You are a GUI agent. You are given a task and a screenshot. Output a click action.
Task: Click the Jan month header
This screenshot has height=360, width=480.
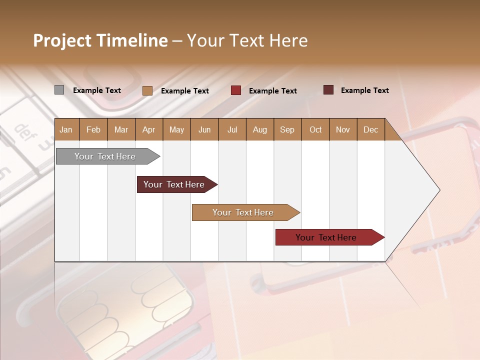click(66, 129)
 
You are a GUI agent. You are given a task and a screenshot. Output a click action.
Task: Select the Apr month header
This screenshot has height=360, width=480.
click(148, 129)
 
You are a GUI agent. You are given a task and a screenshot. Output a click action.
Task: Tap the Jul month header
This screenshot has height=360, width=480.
click(232, 129)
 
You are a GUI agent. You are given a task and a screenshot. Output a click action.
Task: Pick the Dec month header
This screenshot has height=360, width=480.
click(370, 129)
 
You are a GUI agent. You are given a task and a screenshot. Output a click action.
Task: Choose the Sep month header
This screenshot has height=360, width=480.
click(287, 129)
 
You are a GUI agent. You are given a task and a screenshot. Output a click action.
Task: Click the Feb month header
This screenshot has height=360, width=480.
click(93, 129)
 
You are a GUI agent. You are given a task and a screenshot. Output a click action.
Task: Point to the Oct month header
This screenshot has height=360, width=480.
click(315, 129)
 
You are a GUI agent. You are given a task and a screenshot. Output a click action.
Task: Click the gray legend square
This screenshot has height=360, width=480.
click(59, 90)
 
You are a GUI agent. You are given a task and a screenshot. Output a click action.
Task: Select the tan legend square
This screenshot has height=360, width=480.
click(147, 90)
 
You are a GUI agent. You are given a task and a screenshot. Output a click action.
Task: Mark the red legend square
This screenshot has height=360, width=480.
click(236, 90)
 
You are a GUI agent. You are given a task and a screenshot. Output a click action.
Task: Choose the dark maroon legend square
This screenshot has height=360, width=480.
click(328, 90)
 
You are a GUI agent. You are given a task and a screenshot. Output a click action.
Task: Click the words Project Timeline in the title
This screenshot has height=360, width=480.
click(100, 40)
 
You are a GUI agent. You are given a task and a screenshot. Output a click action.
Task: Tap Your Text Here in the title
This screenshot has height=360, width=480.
click(247, 40)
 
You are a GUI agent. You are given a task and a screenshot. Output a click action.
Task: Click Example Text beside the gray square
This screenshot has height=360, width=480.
click(97, 90)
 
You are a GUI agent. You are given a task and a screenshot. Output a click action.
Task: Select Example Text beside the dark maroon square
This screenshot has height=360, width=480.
click(365, 90)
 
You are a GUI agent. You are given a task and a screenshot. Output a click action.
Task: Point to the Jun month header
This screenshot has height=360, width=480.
click(204, 129)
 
